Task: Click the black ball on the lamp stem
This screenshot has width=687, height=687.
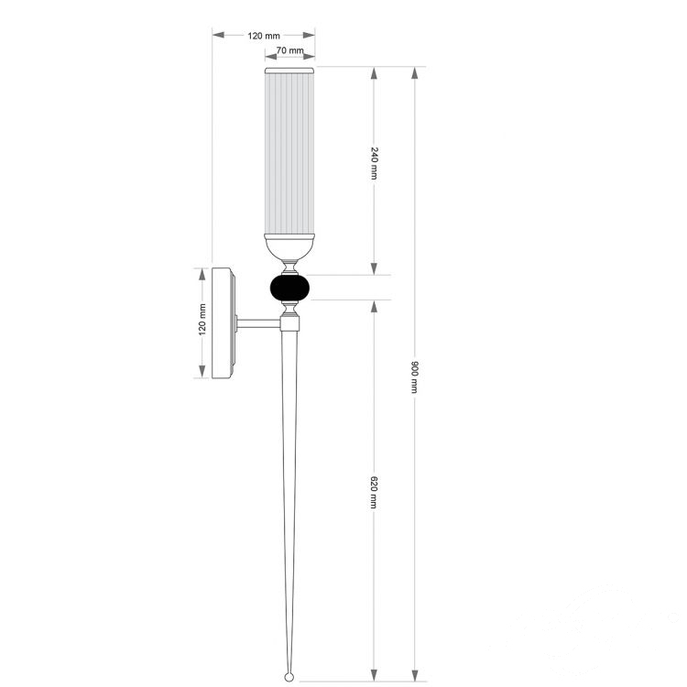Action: point(289,288)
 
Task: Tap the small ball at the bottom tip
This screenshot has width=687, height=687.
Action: point(289,677)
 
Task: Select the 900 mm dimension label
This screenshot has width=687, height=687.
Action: point(414,376)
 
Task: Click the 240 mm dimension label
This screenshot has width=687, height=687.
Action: point(374,163)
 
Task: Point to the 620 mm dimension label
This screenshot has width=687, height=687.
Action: point(374,492)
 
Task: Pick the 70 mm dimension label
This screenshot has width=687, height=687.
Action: point(289,50)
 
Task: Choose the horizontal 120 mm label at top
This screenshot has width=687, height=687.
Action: point(264,36)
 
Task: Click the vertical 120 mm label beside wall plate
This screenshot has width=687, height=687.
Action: point(202,320)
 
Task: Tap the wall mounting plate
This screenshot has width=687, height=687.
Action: point(224,323)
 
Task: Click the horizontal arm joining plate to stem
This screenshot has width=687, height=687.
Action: point(258,324)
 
